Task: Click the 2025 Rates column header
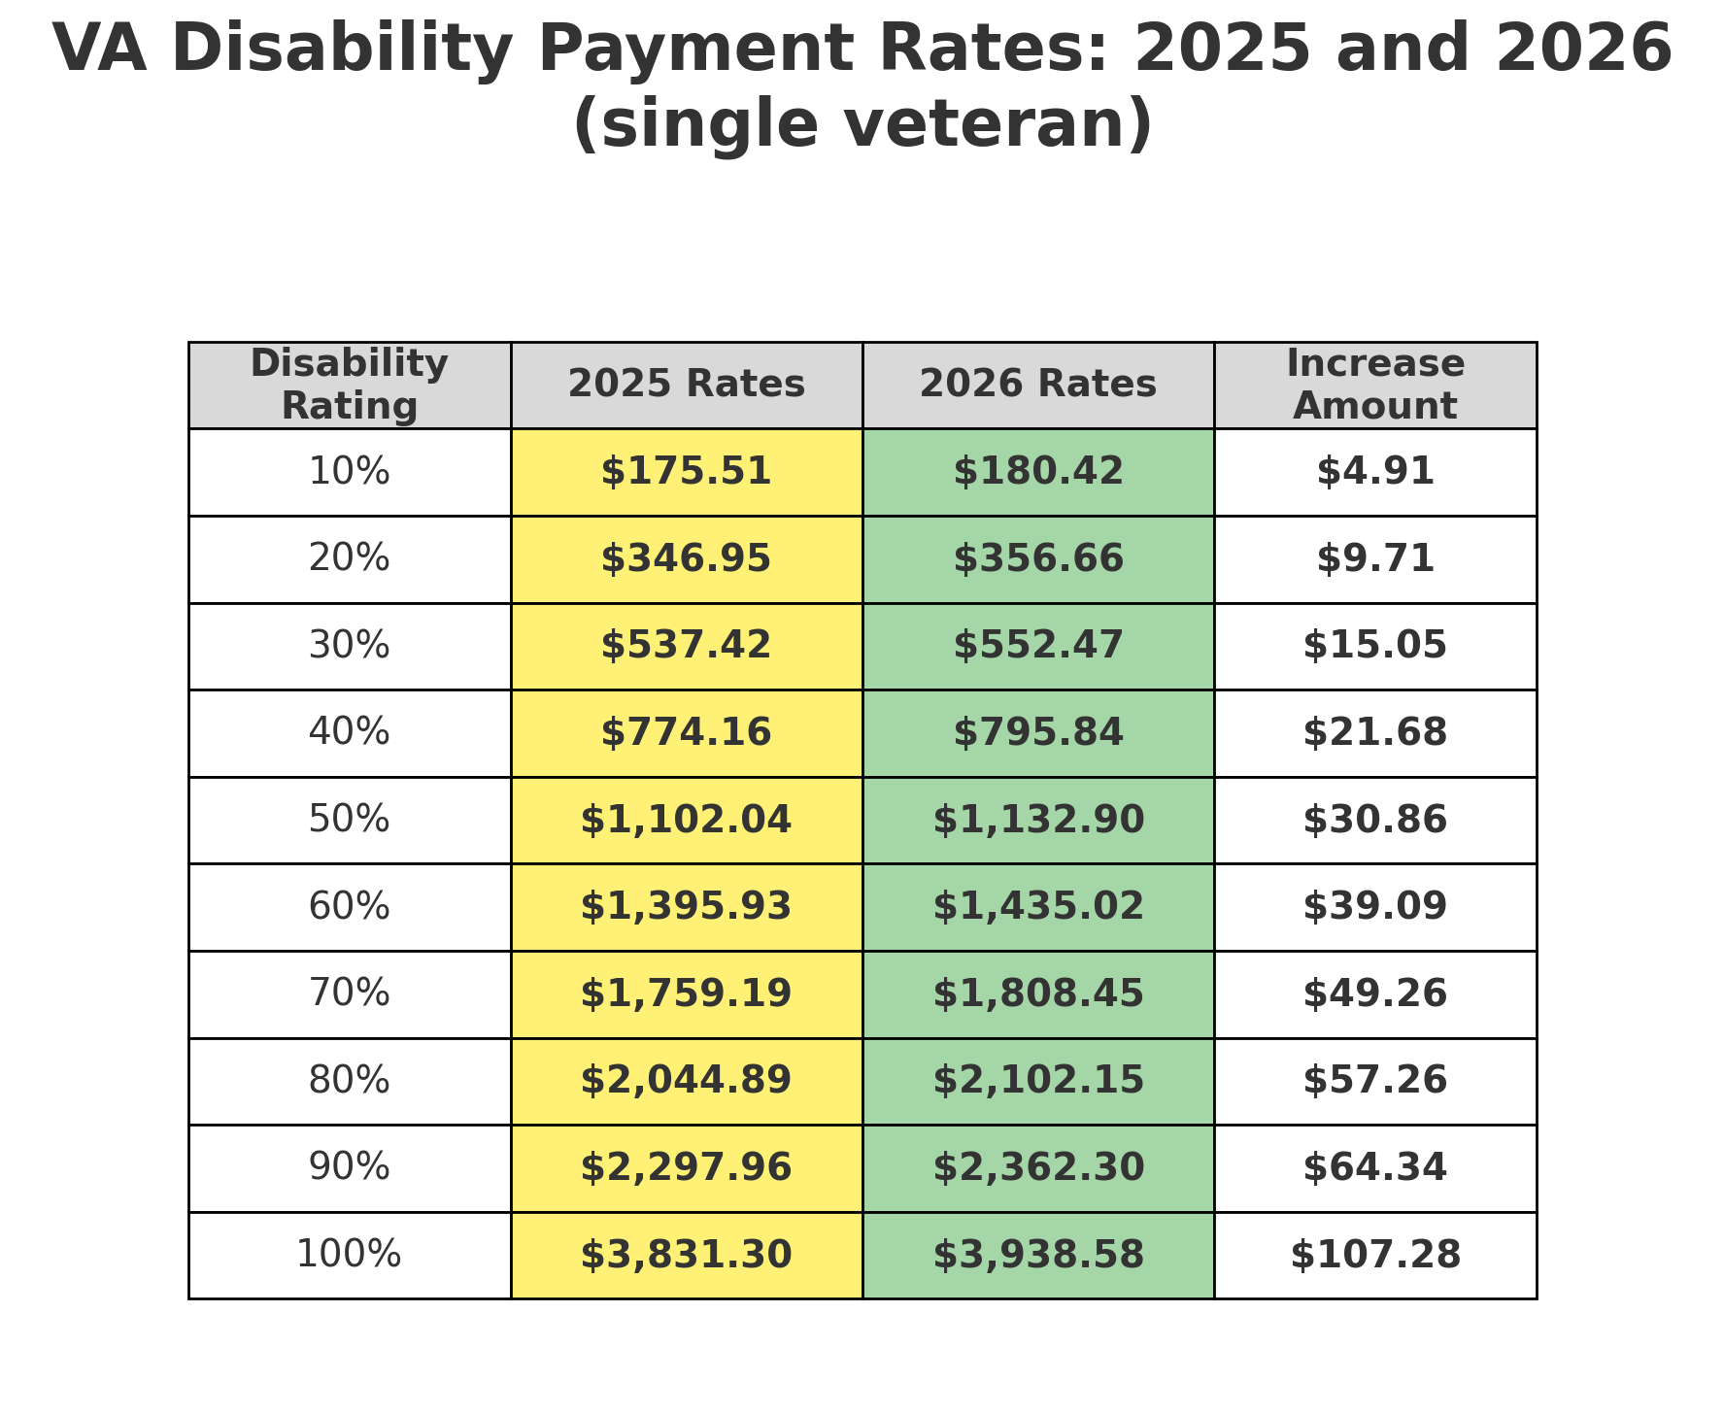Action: (686, 385)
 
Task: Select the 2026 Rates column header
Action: (1037, 385)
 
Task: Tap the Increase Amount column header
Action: (1374, 385)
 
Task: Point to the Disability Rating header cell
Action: (349, 385)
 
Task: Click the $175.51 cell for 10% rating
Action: (686, 472)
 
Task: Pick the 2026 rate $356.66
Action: (1037, 559)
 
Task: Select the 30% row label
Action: (349, 646)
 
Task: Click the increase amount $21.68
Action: (1374, 732)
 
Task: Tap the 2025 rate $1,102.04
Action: (686, 820)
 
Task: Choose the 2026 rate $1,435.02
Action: (1037, 907)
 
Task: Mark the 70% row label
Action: (349, 993)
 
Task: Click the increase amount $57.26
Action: (1374, 1081)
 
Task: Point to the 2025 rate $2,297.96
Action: (686, 1167)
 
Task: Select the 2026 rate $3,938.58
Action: (1037, 1255)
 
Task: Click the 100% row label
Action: (349, 1255)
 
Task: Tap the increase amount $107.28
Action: (1374, 1255)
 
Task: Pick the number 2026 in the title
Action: (1583, 49)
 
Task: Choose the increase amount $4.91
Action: (1374, 472)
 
